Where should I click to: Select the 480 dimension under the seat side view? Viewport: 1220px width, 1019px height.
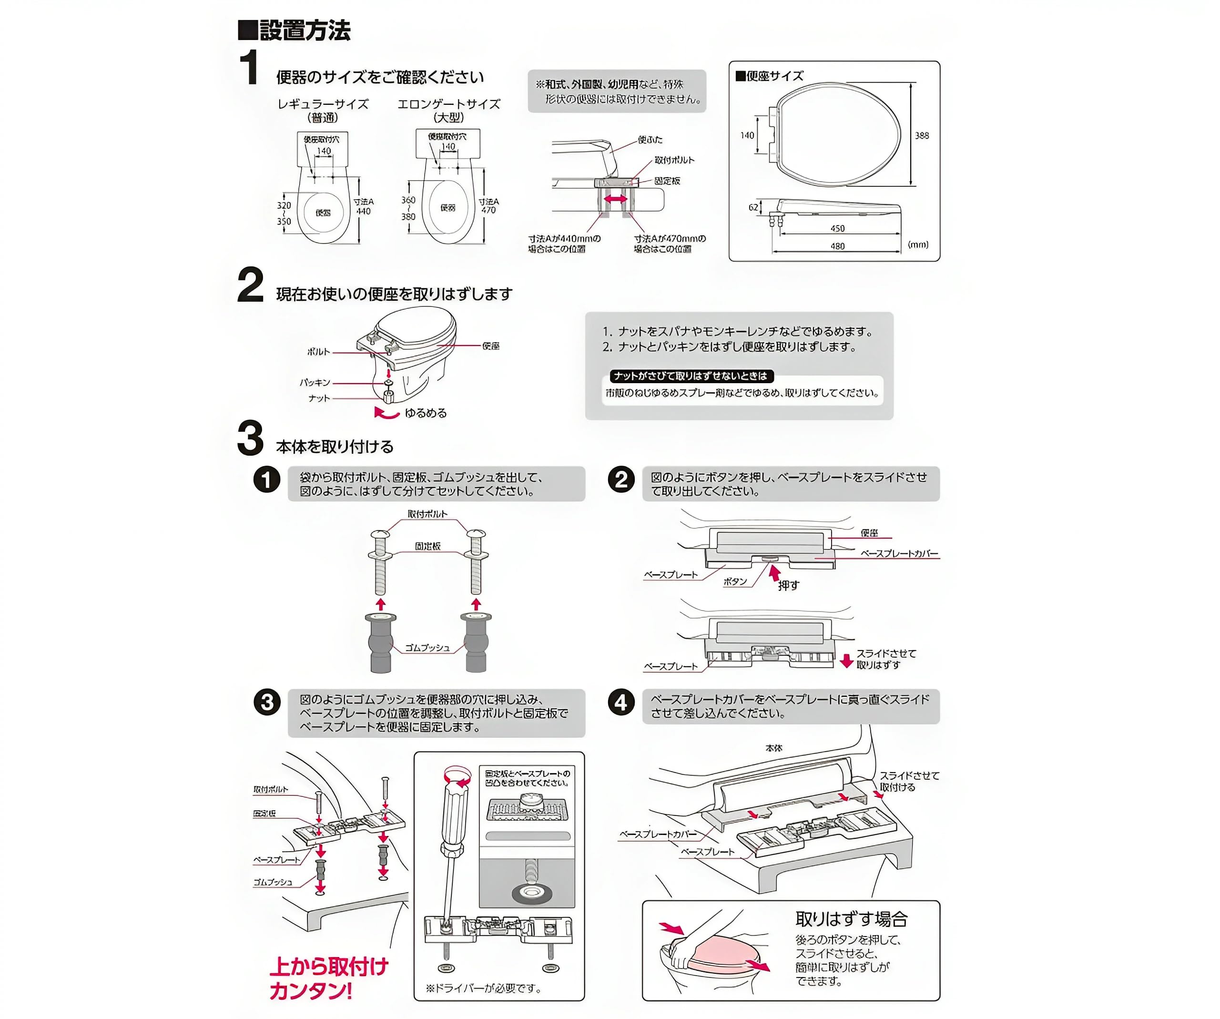point(837,246)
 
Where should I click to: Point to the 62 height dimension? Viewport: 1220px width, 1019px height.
point(753,207)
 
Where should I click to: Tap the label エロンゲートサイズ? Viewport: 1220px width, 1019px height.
point(448,104)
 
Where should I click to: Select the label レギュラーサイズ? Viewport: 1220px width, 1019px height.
point(323,104)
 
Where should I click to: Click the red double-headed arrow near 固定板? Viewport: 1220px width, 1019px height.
point(615,199)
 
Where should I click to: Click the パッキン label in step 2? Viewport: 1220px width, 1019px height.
point(315,382)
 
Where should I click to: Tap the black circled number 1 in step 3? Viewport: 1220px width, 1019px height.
point(267,480)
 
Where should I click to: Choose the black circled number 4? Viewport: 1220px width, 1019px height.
point(621,703)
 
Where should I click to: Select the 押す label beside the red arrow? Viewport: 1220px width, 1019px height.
point(788,585)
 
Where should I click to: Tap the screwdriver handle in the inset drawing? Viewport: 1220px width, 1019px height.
point(454,813)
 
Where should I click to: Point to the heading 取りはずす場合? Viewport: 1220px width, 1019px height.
point(851,918)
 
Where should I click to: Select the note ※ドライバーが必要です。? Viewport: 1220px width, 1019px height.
point(483,988)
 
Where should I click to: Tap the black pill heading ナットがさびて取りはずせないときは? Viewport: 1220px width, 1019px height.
point(691,376)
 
